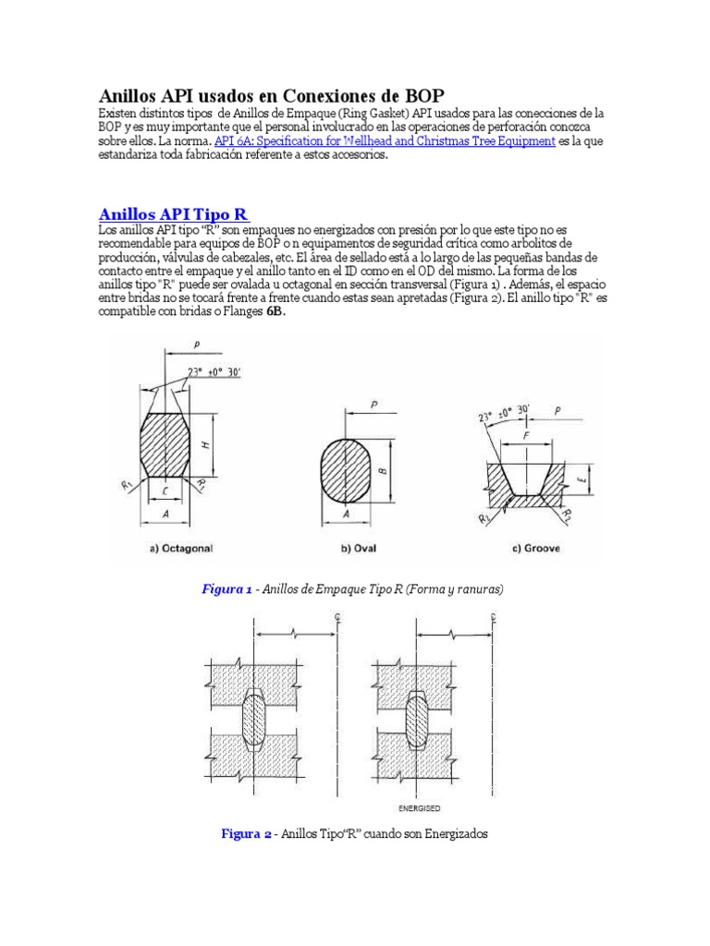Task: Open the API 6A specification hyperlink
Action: pos(385,141)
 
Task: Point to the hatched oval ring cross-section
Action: pos(348,467)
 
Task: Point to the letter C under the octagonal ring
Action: pos(163,494)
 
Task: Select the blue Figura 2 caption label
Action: pos(246,833)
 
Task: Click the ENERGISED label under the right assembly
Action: pos(434,807)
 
